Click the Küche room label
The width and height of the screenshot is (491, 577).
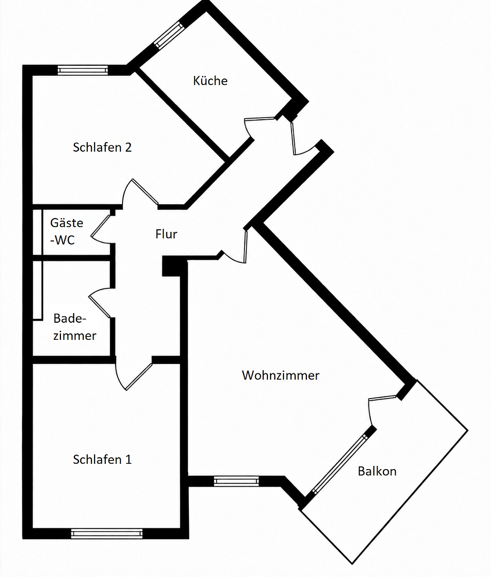(x=210, y=81)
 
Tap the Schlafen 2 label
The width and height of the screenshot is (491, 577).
(x=102, y=147)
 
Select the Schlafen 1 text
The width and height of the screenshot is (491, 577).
(x=102, y=459)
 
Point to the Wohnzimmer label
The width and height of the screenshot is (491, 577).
(x=281, y=376)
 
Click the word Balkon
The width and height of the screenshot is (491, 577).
(x=377, y=471)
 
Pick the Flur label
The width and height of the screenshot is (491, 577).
(x=166, y=234)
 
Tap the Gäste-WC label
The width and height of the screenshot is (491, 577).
(x=67, y=231)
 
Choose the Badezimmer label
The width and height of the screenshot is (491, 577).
(x=75, y=327)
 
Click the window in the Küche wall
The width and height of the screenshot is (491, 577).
(x=169, y=35)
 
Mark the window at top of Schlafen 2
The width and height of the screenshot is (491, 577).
(x=83, y=70)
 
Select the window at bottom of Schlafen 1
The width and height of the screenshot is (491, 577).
(x=107, y=534)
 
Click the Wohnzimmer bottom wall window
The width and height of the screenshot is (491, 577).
(x=236, y=481)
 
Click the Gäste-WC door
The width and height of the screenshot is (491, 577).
(x=100, y=229)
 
